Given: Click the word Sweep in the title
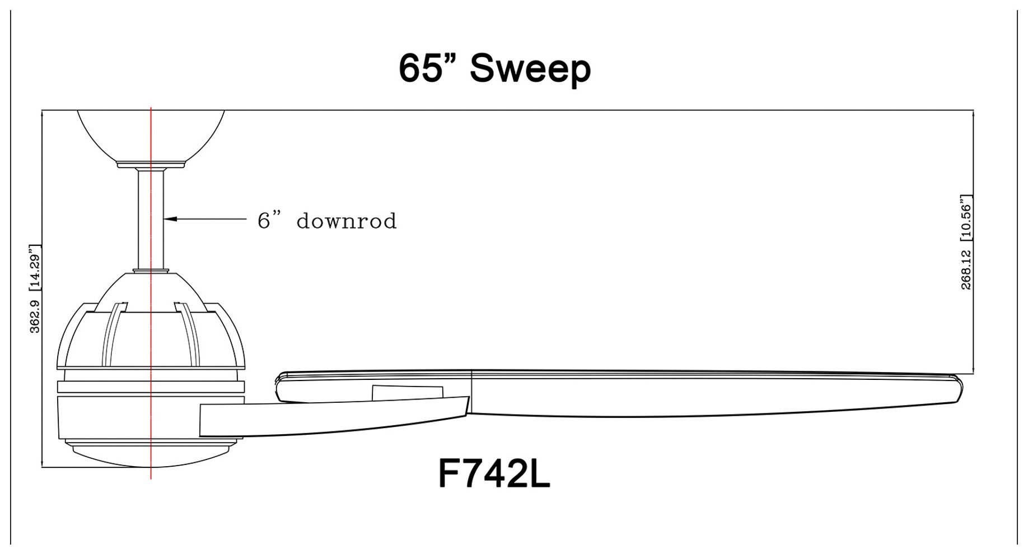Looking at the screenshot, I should pos(530,69).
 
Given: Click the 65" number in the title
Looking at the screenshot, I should pos(427,69).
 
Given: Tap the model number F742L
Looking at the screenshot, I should pos(494,475).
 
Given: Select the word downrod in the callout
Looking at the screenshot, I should pos(346,221).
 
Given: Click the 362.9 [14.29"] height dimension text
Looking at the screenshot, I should pos(35,289).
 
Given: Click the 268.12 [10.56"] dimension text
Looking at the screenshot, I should pos(966,242).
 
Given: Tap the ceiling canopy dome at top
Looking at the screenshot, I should pos(150,134).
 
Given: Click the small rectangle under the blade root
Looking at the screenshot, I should pos(407,393).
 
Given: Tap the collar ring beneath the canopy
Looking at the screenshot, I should pos(151,164).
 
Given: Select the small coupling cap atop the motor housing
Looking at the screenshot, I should pos(151,271).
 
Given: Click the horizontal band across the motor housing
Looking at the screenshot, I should pos(151,387).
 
